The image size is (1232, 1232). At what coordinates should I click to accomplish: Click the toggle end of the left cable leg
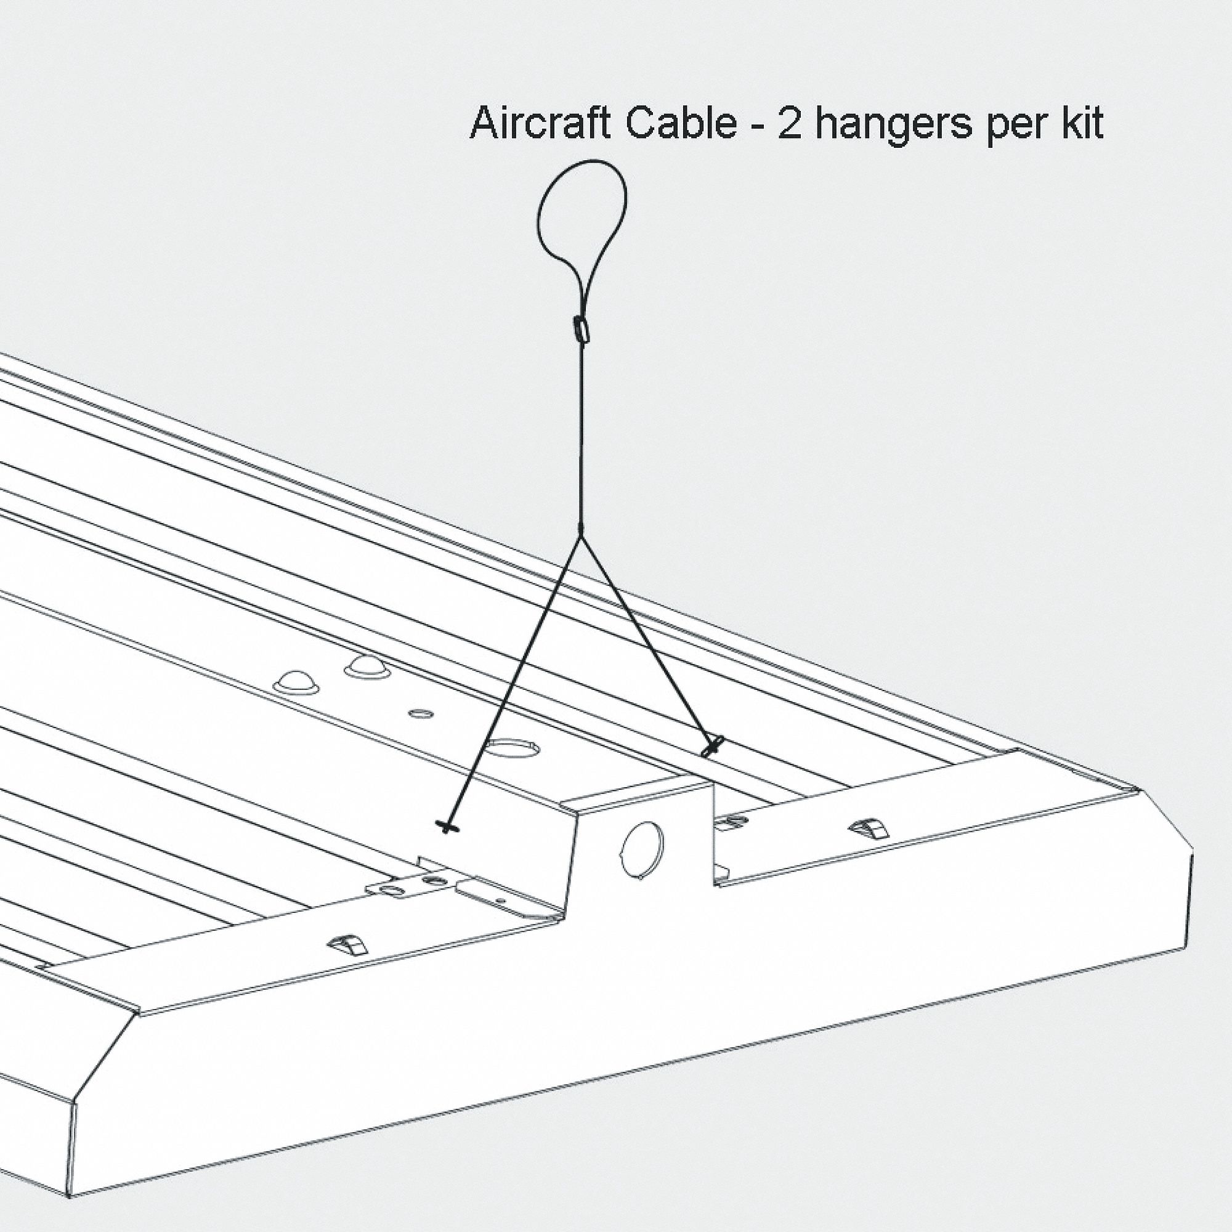coord(450,827)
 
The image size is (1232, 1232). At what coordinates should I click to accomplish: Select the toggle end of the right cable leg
coord(713,745)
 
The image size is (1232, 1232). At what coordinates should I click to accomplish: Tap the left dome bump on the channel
coord(296,683)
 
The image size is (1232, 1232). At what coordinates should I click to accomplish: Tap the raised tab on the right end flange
coord(869,829)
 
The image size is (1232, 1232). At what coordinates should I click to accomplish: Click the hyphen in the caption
coord(757,125)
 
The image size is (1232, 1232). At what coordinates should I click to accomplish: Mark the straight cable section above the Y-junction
coord(581,434)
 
